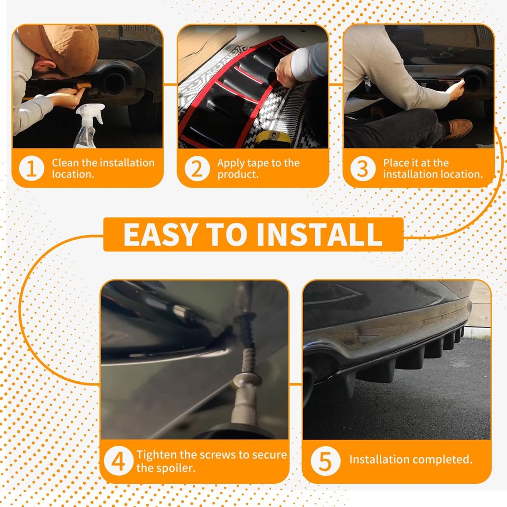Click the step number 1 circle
(32, 168)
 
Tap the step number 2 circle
(197, 168)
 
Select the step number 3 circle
(363, 168)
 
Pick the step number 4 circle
(118, 461)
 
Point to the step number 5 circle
(325, 461)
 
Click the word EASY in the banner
(161, 234)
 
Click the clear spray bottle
(89, 126)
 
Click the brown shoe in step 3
(458, 128)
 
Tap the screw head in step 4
(247, 379)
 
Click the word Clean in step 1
(65, 163)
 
